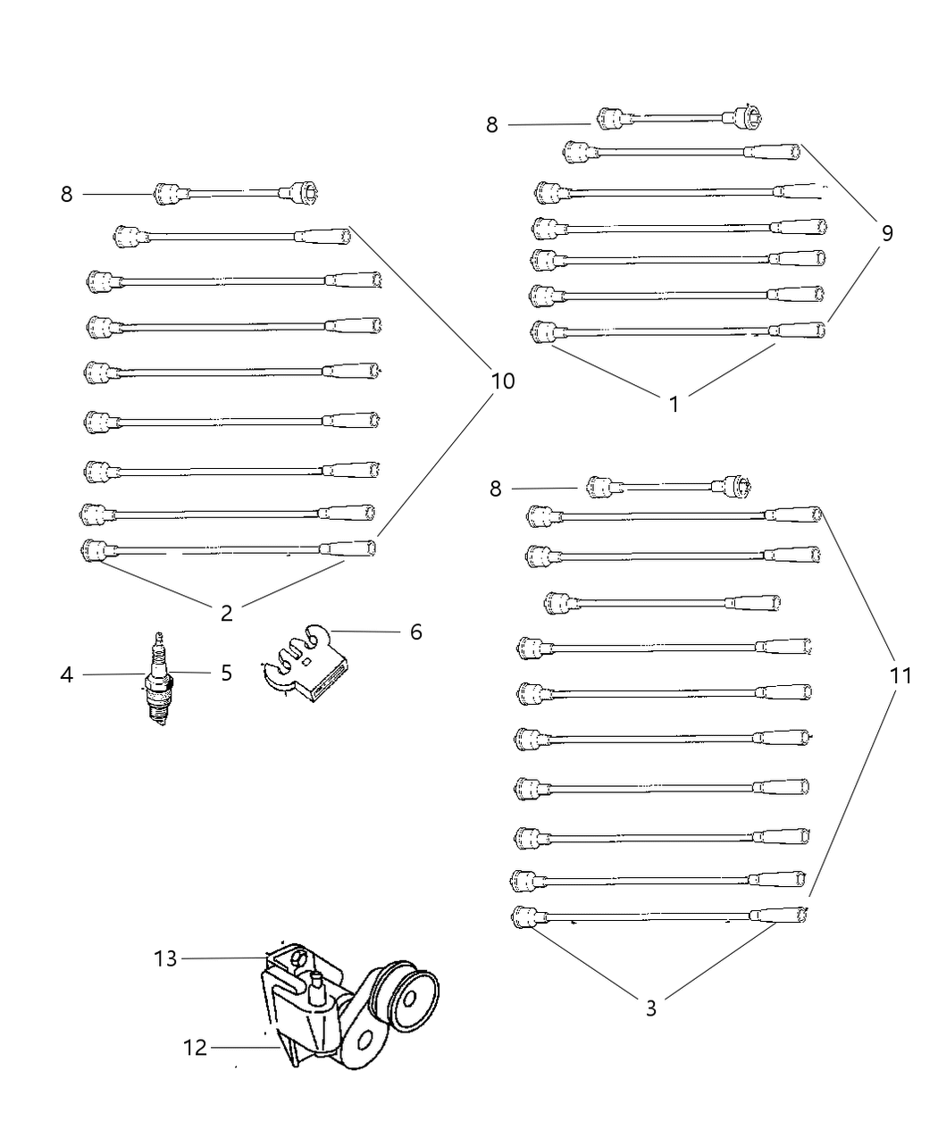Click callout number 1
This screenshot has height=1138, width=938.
click(x=674, y=404)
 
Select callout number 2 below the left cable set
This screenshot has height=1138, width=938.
click(x=226, y=613)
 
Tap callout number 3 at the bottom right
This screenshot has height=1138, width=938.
click(x=650, y=1008)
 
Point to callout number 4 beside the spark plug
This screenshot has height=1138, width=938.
click(x=67, y=674)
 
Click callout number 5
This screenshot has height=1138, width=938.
click(x=226, y=673)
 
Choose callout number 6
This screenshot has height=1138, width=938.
click(x=415, y=632)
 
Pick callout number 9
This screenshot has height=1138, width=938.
click(x=886, y=233)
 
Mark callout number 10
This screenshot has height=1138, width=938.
click(x=503, y=381)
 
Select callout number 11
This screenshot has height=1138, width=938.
click(x=900, y=676)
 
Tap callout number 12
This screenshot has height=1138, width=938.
click(x=196, y=1047)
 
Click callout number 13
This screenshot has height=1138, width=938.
click(x=165, y=958)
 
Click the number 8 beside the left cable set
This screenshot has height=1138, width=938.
click(x=67, y=194)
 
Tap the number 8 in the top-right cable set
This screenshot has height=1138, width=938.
click(x=491, y=125)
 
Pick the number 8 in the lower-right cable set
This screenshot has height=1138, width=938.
click(x=495, y=489)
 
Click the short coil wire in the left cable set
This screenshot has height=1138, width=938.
click(x=237, y=192)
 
